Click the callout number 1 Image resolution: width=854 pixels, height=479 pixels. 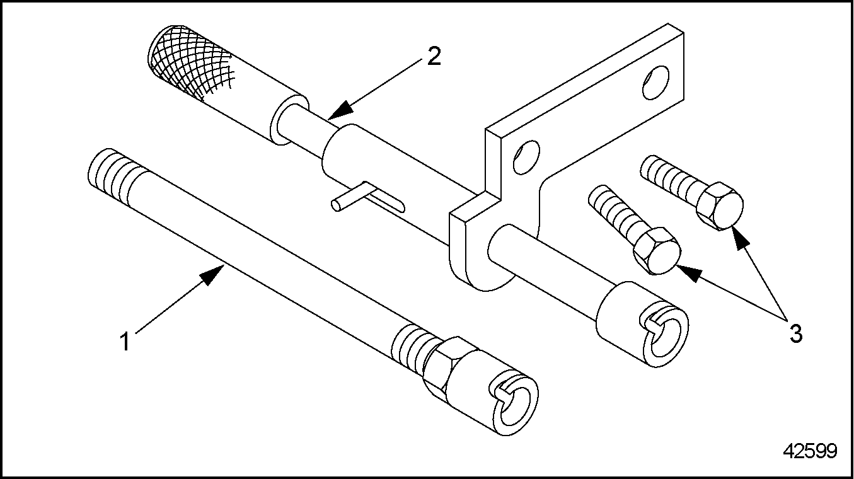tap(125, 341)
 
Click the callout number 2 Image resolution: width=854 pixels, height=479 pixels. tap(434, 56)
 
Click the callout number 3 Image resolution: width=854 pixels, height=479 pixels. tap(797, 333)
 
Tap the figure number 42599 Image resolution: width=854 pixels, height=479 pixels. tap(810, 451)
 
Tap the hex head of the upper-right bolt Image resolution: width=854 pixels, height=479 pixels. tap(720, 206)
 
